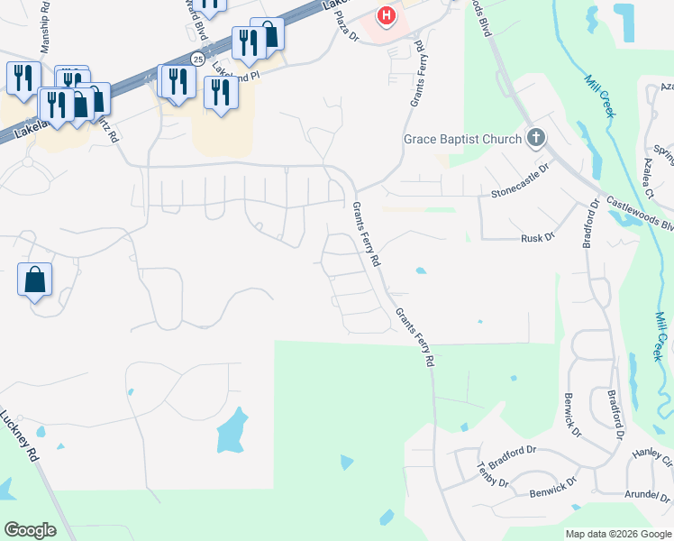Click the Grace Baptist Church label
[462, 139]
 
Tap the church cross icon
[536, 138]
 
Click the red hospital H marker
[387, 15]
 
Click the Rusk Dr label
[536, 238]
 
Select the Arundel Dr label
[648, 495]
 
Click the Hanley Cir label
[652, 456]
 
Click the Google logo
[31, 530]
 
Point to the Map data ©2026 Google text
[618, 534]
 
